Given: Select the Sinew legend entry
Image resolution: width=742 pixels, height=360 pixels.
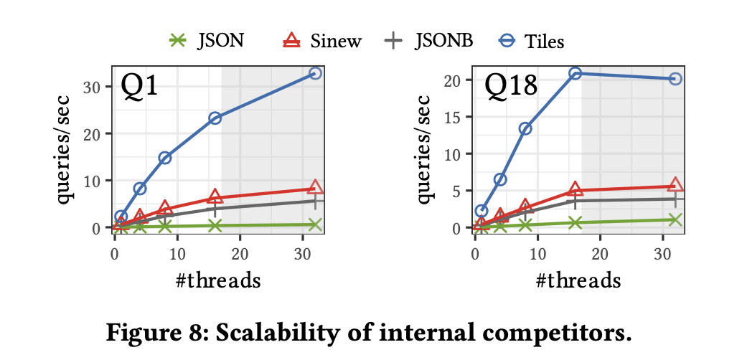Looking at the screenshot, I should coord(321,41).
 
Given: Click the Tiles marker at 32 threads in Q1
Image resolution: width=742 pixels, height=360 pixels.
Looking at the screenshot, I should coord(315,73).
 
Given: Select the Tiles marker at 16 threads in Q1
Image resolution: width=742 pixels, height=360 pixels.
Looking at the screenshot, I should coord(215,118).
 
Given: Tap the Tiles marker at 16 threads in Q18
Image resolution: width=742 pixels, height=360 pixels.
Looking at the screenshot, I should coord(575,73).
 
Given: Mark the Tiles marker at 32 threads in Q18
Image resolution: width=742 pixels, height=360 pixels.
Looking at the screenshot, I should coord(675,79).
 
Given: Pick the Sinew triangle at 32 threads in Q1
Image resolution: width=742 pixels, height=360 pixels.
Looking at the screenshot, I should coord(315,188).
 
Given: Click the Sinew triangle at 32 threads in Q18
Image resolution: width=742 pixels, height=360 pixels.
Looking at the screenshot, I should coord(675,185).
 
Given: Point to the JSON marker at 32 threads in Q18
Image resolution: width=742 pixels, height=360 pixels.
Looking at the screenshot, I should coord(675,219).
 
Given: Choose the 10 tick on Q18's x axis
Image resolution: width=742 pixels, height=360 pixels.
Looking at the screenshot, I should coord(537,253).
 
